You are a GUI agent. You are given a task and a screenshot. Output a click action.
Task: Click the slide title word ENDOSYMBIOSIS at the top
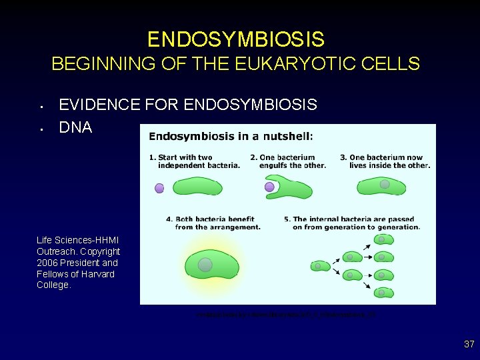tap(236, 39)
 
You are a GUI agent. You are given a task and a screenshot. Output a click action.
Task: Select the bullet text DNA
tap(75, 127)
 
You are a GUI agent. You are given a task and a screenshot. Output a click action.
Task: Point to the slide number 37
tap(469, 345)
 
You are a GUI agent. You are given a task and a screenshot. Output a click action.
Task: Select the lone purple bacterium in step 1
tap(159, 188)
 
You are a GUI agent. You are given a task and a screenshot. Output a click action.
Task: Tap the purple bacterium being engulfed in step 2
tap(269, 187)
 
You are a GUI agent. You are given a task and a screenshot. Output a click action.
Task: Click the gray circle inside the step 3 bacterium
tap(385, 184)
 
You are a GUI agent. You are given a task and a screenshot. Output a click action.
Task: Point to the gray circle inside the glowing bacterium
tap(205, 265)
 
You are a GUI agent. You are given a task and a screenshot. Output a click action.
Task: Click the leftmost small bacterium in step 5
tap(320, 266)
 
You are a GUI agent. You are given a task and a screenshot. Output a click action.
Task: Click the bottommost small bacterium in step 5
tap(383, 292)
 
